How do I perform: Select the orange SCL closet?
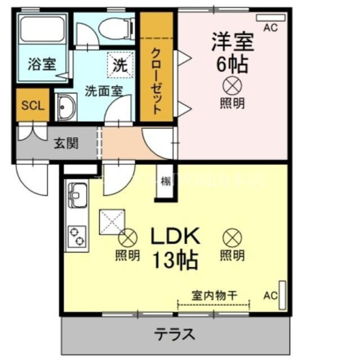pos(33,105)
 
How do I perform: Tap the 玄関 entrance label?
pos(66,143)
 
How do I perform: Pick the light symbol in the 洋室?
pos(232,86)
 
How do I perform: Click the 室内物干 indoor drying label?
pos(214,295)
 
